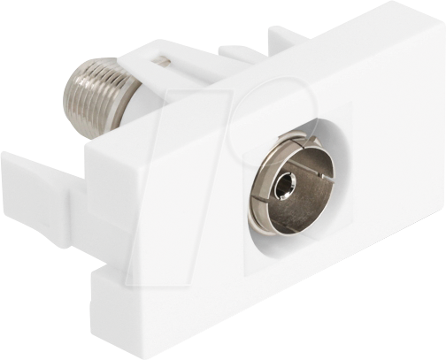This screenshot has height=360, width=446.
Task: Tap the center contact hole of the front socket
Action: (284, 187)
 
